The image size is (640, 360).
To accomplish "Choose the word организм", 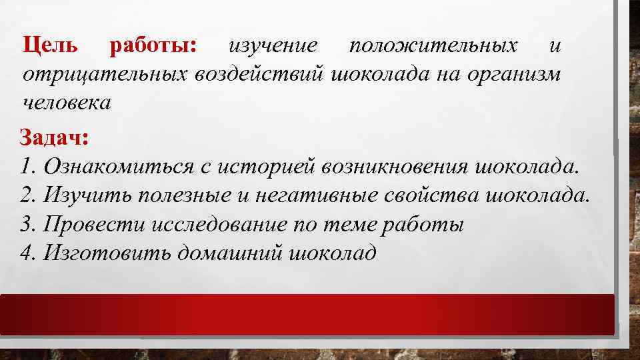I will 517,73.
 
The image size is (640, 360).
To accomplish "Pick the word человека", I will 67,102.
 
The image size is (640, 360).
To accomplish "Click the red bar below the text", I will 307,314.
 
